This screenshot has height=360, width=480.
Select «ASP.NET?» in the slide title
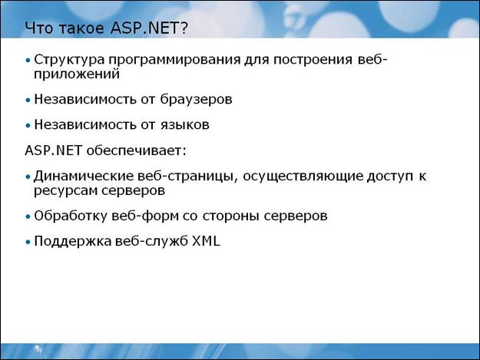click(150, 28)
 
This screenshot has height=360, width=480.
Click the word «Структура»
click(69, 60)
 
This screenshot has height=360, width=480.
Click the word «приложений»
click(77, 74)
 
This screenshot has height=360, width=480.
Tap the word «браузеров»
click(196, 100)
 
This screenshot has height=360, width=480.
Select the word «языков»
click(185, 125)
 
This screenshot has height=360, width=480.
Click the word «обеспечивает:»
click(136, 150)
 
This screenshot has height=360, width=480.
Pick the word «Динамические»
click(84, 177)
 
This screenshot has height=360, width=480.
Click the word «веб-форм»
click(145, 216)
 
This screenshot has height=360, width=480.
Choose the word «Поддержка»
click(72, 242)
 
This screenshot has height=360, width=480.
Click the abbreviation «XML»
click(206, 241)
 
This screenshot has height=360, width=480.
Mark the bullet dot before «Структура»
click(28, 60)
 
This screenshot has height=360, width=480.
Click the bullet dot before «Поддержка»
click(28, 242)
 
